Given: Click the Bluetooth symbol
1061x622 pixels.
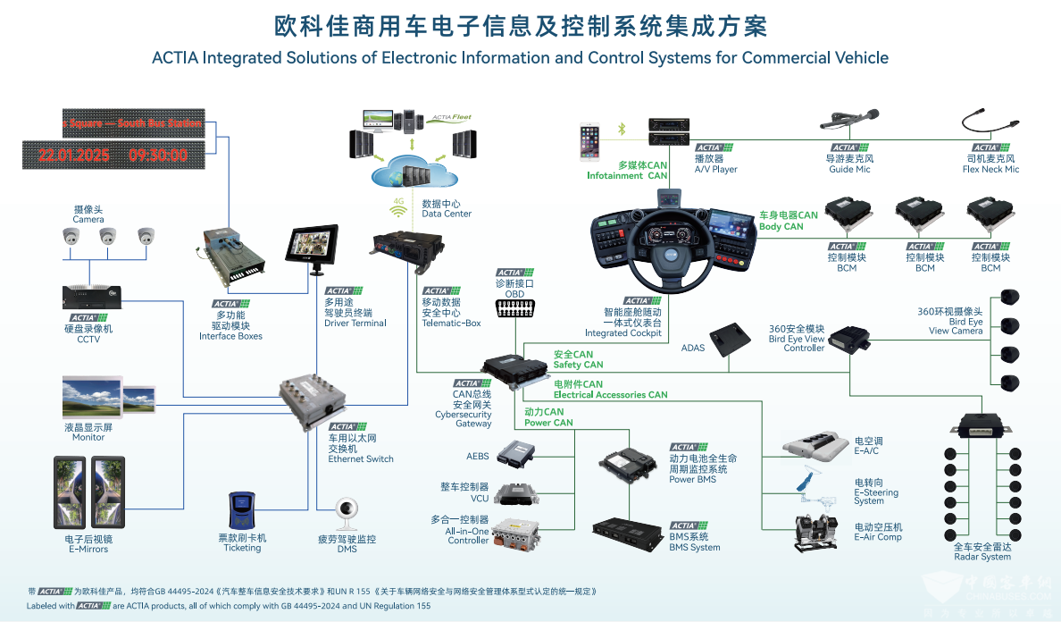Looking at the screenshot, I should click(622, 130).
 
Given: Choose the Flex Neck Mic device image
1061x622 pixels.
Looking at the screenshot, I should click(988, 123).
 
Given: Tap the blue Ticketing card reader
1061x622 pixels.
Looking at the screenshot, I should click(241, 511).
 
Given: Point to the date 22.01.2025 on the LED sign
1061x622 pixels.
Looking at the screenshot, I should click(73, 155).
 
